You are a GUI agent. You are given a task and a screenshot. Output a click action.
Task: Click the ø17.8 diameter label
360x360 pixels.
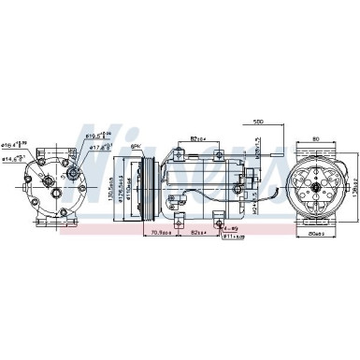[x=99, y=146]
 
